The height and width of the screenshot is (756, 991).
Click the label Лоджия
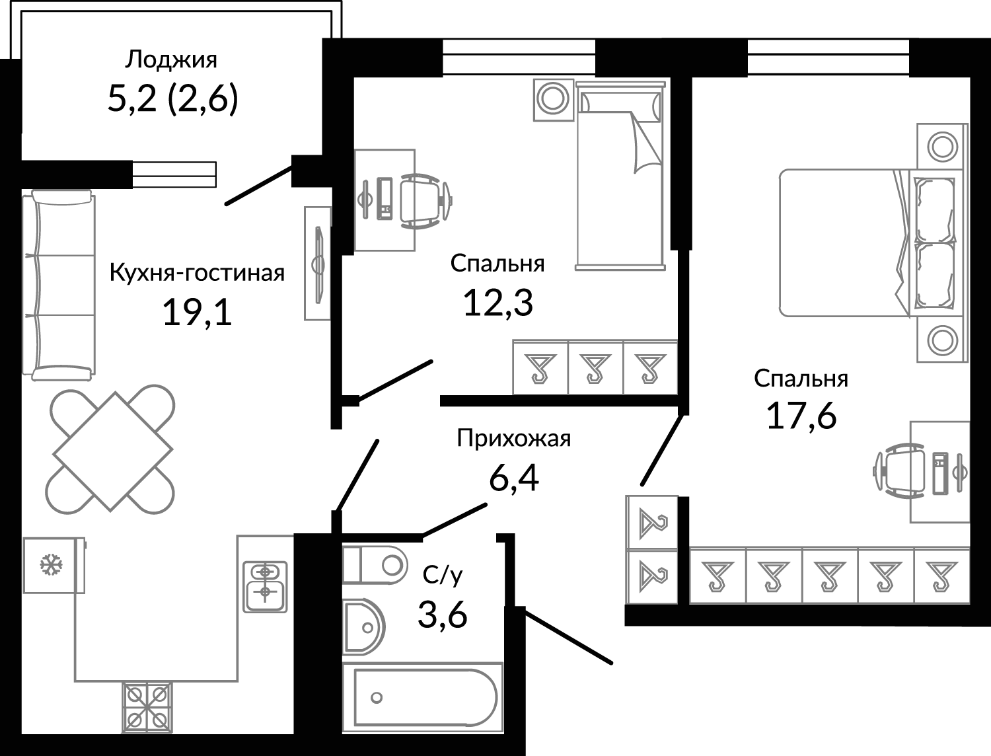coord(171,59)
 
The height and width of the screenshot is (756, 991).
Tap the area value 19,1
coord(198,313)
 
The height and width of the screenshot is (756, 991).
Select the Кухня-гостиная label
coord(198,273)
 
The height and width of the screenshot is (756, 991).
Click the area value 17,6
coord(802,416)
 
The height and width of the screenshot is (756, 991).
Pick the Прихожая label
coord(514,438)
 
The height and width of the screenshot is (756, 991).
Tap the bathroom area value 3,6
coord(443,615)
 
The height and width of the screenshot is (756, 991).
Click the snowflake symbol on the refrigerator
coord(51,564)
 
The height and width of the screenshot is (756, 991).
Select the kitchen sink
coord(265,587)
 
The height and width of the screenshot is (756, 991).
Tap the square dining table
coord(112,451)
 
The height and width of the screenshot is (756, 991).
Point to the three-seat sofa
coord(59,285)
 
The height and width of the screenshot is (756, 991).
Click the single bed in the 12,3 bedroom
coord(620,176)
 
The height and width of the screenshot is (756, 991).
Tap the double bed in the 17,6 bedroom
coord(867,243)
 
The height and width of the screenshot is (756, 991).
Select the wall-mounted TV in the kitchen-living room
coord(319,264)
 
